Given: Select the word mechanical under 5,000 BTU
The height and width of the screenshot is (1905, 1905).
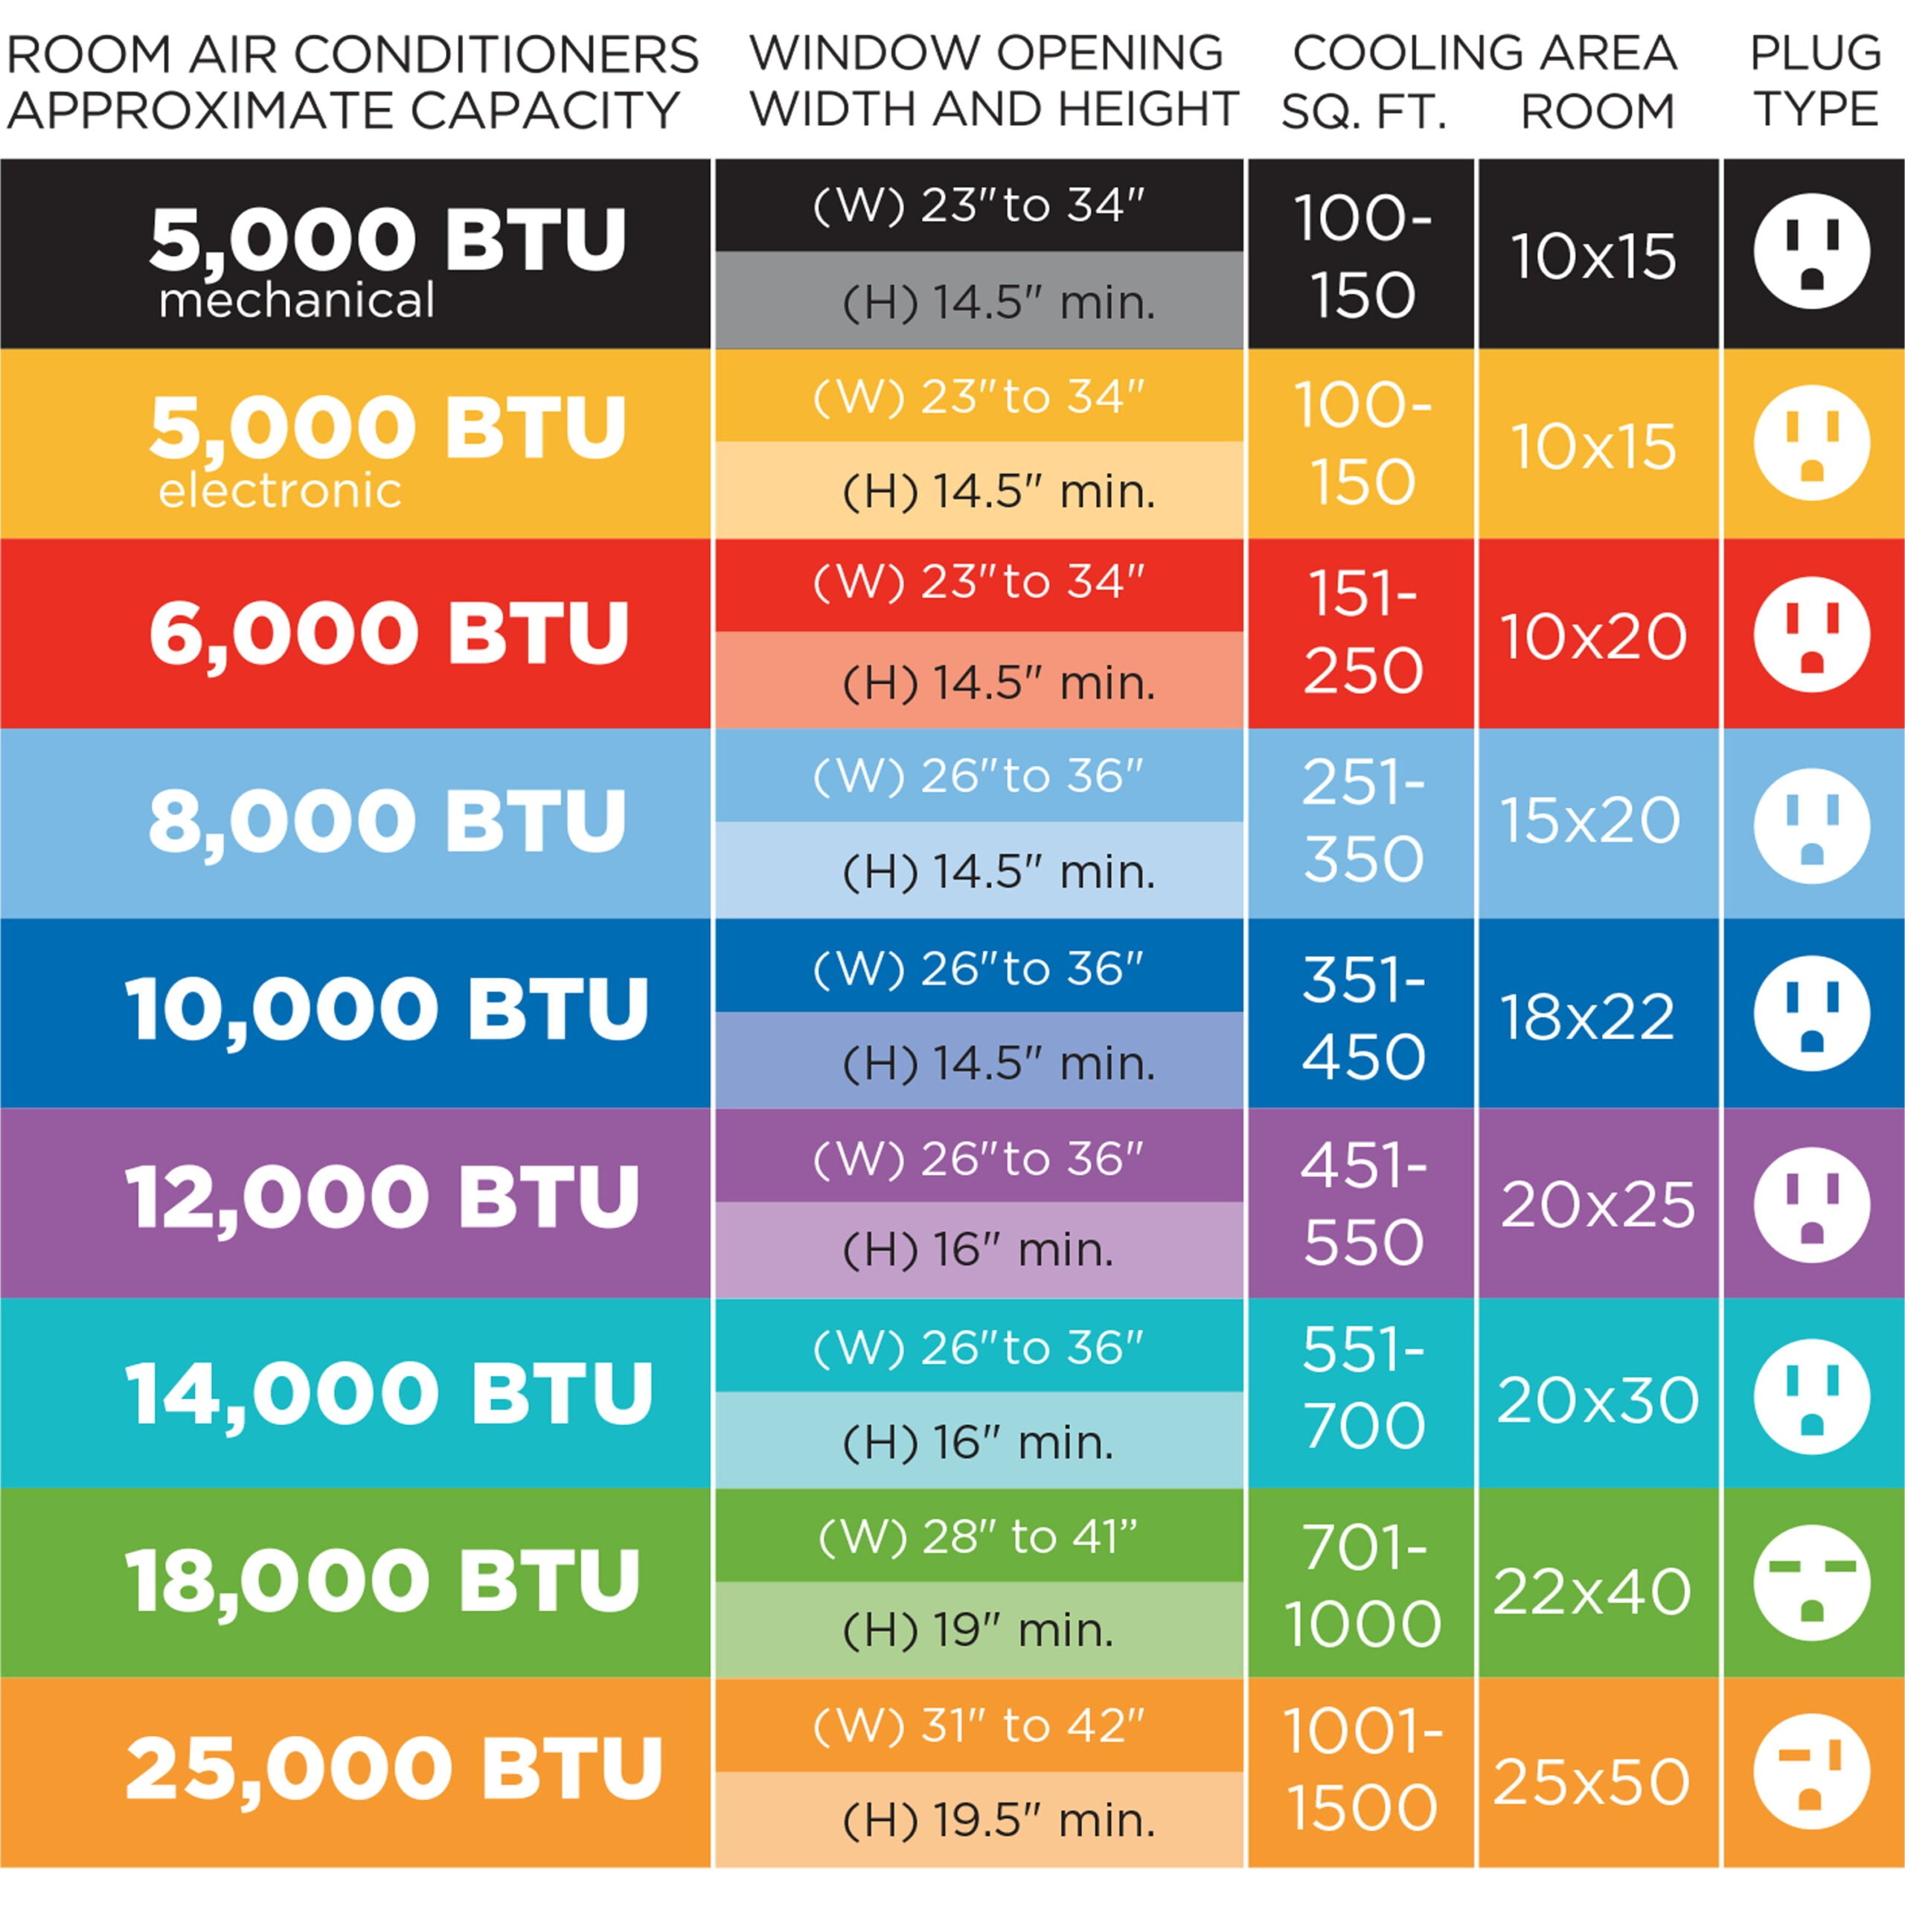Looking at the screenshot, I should click(296, 301).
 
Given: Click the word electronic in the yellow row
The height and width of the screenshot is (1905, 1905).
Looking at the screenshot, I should click(280, 491).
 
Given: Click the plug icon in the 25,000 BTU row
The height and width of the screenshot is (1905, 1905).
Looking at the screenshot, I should click(1811, 1771).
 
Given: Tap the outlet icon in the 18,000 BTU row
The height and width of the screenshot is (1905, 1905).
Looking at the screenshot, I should click(1811, 1581).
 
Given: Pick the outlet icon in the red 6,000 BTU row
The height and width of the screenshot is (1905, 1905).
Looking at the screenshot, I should click(1811, 634).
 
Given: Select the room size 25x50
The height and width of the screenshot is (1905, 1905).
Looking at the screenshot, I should click(1592, 1781).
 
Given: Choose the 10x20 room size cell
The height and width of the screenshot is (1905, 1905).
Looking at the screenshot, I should click(1592, 636).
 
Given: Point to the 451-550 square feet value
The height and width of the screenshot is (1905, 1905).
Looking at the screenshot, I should click(1363, 1203).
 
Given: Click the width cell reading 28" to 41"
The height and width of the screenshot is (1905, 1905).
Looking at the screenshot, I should click(978, 1535).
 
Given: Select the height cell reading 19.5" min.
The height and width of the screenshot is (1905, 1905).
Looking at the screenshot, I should click(998, 1820).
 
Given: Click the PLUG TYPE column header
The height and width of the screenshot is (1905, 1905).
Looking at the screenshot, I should click(1815, 81).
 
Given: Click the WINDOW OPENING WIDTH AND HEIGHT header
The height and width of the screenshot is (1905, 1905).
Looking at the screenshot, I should click(993, 81).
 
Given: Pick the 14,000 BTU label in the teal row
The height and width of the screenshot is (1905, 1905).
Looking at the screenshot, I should click(389, 1392).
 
